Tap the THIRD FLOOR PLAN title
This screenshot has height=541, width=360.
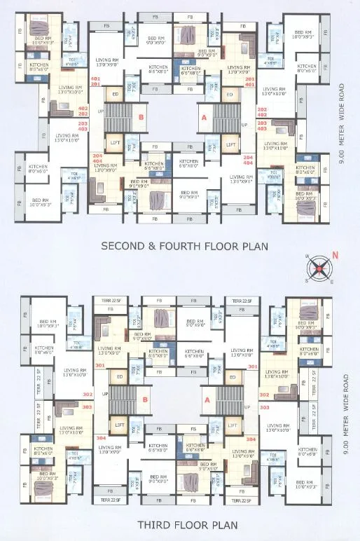click(177, 524)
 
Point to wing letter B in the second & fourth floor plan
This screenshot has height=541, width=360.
click(140, 118)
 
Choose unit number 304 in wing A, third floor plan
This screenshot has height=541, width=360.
click(251, 439)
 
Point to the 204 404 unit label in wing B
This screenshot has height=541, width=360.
click(97, 158)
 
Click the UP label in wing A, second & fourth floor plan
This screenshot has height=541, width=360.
click(244, 125)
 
